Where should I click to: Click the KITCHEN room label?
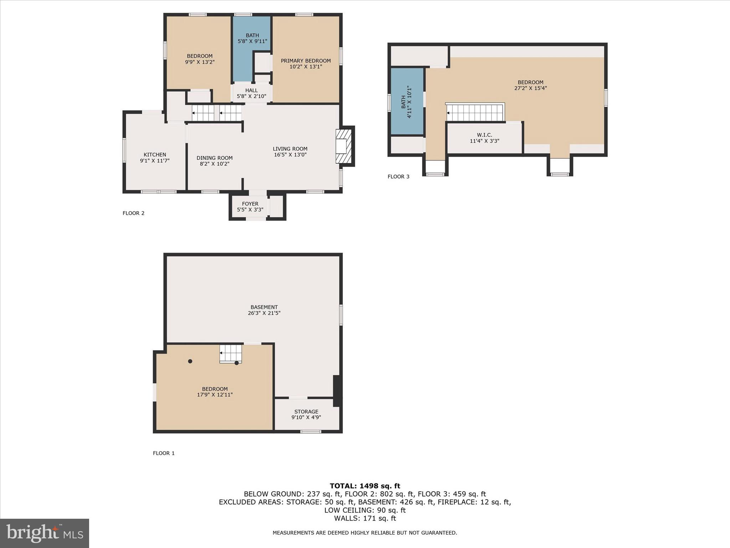155,155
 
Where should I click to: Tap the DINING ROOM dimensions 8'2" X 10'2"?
214,164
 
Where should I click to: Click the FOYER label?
250,204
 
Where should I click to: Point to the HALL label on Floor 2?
251,91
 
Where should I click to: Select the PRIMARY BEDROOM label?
305,61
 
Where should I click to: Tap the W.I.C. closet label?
484,135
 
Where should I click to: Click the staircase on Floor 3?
475,112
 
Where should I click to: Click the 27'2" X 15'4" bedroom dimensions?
530,88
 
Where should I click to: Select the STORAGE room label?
306,412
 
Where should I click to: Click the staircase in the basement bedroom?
231,354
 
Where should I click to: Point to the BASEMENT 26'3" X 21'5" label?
264,310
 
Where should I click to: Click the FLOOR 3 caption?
398,177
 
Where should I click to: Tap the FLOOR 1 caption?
164,453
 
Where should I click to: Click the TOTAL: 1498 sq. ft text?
365,486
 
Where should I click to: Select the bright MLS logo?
45,533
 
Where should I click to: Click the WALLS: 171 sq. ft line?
365,518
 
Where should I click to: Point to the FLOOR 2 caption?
133,213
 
